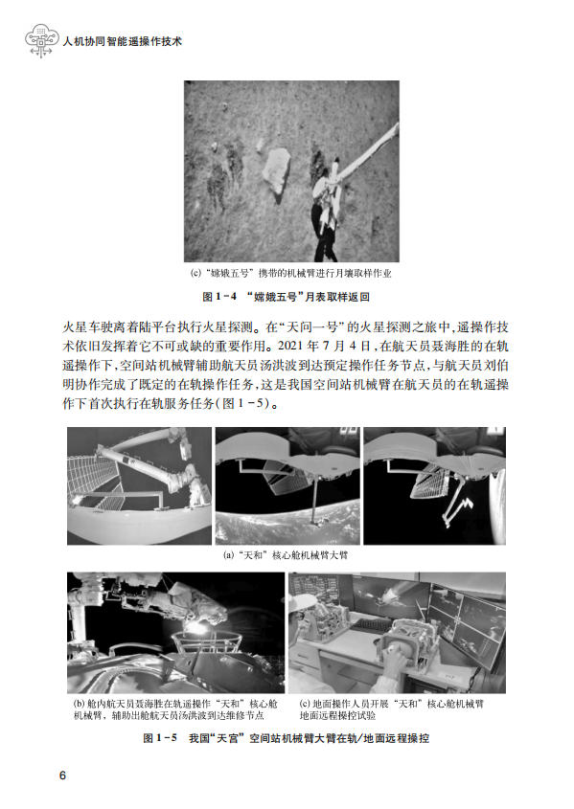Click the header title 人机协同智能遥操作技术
click(x=123, y=42)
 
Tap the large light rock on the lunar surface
click(x=277, y=169)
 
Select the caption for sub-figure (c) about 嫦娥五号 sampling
click(x=291, y=274)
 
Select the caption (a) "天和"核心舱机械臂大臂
click(x=286, y=555)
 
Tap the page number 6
click(x=63, y=775)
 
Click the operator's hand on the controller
click(x=397, y=659)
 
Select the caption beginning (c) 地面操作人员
click(x=392, y=709)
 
